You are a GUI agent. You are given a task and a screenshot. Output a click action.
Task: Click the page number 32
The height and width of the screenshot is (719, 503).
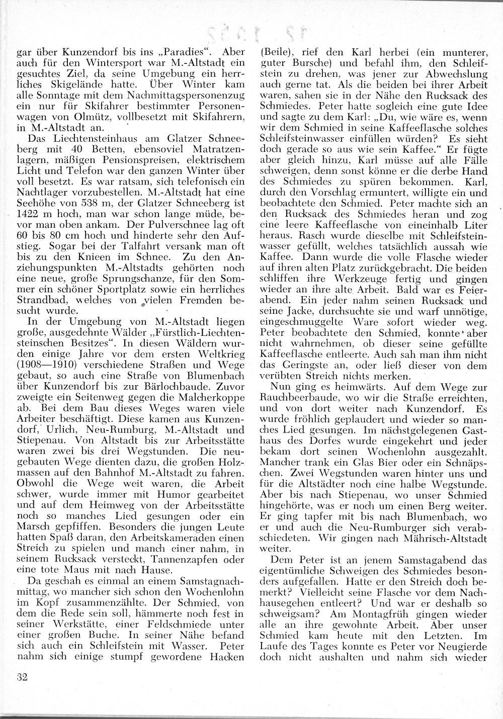click(21, 676)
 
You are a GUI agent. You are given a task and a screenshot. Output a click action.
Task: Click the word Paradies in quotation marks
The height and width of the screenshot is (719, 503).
click(186, 52)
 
